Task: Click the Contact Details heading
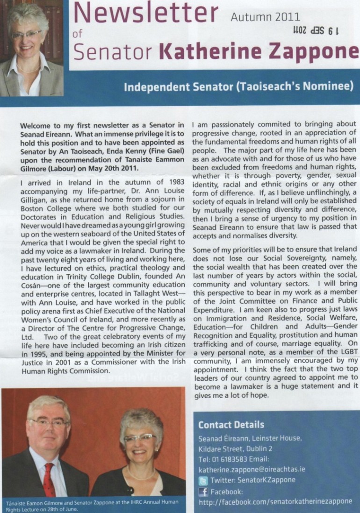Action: point(231,425)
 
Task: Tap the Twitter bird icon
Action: point(203,480)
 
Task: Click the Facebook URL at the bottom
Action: point(275,501)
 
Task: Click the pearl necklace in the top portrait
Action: point(29,70)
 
